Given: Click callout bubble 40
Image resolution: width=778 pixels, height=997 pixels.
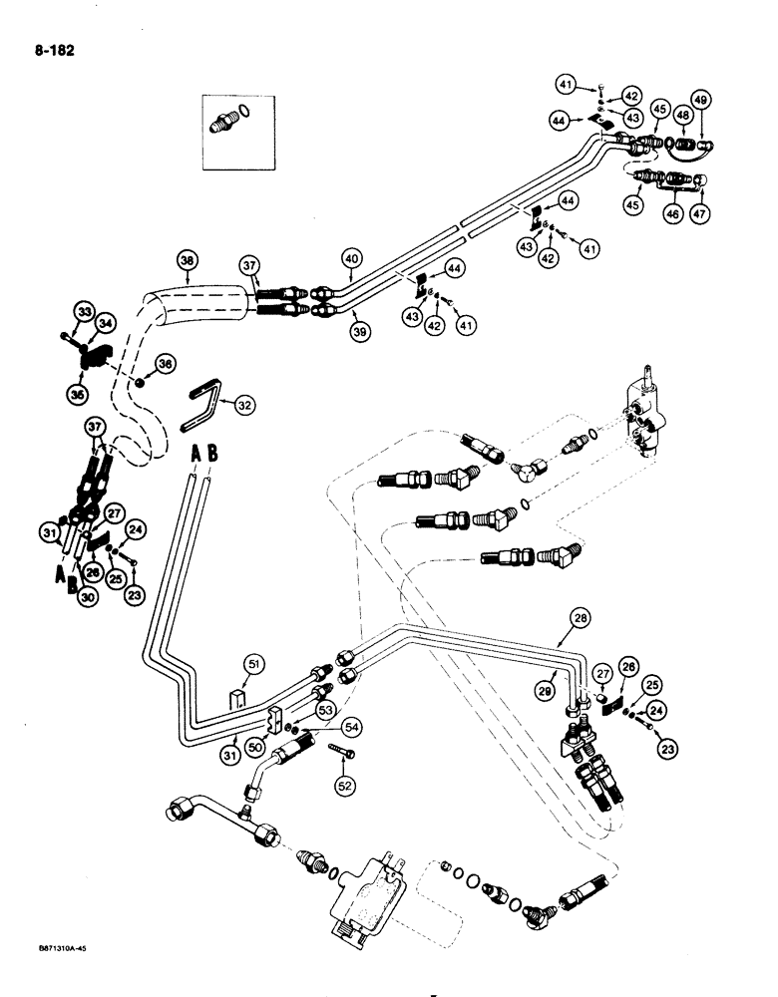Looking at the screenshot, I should click(x=350, y=262).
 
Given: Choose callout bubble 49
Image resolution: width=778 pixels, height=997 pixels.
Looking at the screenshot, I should click(x=700, y=100).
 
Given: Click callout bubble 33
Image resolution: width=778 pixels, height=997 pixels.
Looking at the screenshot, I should click(x=82, y=312).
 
